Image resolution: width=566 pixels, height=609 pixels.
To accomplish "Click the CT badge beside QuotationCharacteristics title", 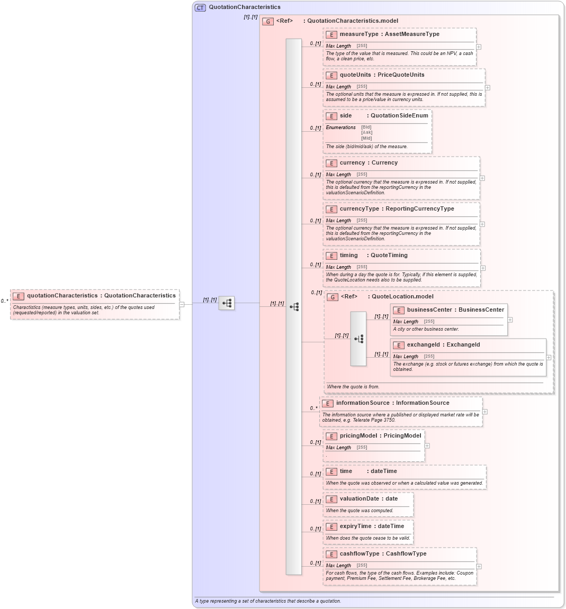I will (200, 7).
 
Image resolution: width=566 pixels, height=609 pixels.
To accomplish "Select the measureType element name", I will (359, 34).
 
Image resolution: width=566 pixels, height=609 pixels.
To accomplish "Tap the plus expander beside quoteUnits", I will (487, 88).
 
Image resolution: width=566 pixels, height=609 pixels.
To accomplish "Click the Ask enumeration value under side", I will (366, 133).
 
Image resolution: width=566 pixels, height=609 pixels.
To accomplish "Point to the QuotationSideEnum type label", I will (399, 116).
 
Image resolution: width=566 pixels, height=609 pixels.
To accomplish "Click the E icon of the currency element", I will (331, 163).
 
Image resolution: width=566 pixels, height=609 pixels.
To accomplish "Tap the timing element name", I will (348, 256).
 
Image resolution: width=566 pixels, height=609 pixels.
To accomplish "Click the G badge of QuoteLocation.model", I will (333, 297).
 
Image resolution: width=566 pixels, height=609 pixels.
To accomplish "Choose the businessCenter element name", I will (429, 310).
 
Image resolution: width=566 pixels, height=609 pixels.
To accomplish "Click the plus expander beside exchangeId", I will (549, 358).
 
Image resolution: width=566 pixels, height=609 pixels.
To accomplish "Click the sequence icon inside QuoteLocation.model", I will (358, 339).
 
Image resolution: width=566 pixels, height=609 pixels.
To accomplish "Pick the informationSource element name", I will (362, 403).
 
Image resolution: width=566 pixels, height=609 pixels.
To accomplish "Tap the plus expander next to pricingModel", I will (427, 446).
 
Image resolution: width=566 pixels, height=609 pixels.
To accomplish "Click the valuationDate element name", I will (359, 499).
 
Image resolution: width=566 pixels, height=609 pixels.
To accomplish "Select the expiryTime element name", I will (355, 526).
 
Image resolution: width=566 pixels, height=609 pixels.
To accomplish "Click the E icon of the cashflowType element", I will (331, 554).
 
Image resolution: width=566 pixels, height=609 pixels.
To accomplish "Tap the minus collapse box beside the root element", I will (182, 304).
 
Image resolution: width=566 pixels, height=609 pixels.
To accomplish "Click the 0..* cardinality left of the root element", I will (4, 301).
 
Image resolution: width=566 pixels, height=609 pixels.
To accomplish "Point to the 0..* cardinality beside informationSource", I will (313, 408).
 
